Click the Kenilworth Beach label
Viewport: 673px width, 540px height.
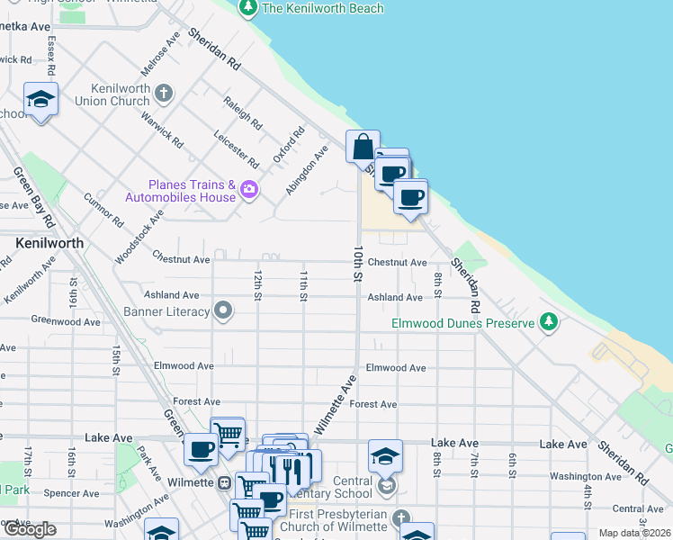tap(322, 8)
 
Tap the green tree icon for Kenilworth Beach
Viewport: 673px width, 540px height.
tap(248, 8)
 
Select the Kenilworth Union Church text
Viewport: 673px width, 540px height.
tap(120, 94)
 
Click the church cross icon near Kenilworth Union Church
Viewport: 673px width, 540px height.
tap(163, 93)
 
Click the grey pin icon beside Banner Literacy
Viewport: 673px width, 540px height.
tap(223, 312)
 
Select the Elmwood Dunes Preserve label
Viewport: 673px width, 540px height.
tap(463, 322)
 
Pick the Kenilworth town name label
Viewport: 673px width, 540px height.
tap(49, 243)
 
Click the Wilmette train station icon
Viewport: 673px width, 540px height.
tap(223, 482)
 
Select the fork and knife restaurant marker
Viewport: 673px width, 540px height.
tap(288, 468)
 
